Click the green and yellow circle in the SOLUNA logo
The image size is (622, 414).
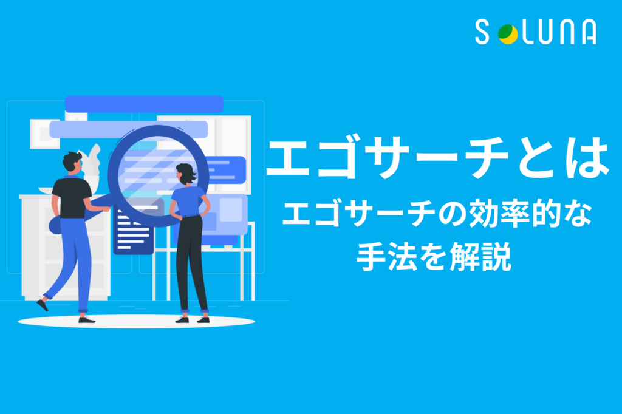point(508,34)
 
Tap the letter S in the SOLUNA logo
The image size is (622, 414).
point(482,32)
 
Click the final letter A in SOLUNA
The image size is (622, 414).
point(589,32)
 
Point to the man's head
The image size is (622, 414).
point(72,162)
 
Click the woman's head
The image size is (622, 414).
point(186,173)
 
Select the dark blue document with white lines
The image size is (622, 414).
point(133,230)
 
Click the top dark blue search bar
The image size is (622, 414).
point(144,104)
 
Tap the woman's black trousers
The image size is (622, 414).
point(191,263)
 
